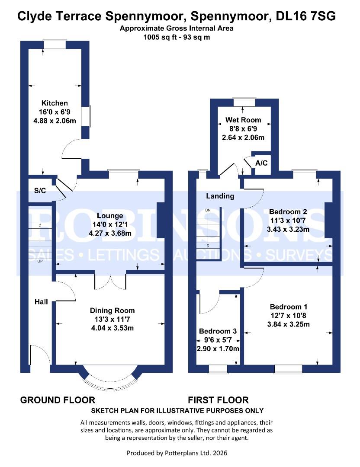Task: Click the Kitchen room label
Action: tap(55, 103)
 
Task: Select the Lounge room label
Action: tap(110, 216)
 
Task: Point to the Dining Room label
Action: tap(112, 310)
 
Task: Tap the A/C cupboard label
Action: tap(261, 163)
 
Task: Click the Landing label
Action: tap(220, 196)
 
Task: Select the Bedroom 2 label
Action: tap(288, 211)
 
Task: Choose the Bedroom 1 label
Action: tap(288, 307)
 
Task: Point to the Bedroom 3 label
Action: tap(218, 331)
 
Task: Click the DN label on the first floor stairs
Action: tap(208, 210)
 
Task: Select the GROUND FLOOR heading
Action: tap(58, 400)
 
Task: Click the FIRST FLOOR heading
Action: tap(218, 400)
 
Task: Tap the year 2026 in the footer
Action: tap(219, 453)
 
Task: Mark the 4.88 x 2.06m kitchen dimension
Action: tap(55, 121)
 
